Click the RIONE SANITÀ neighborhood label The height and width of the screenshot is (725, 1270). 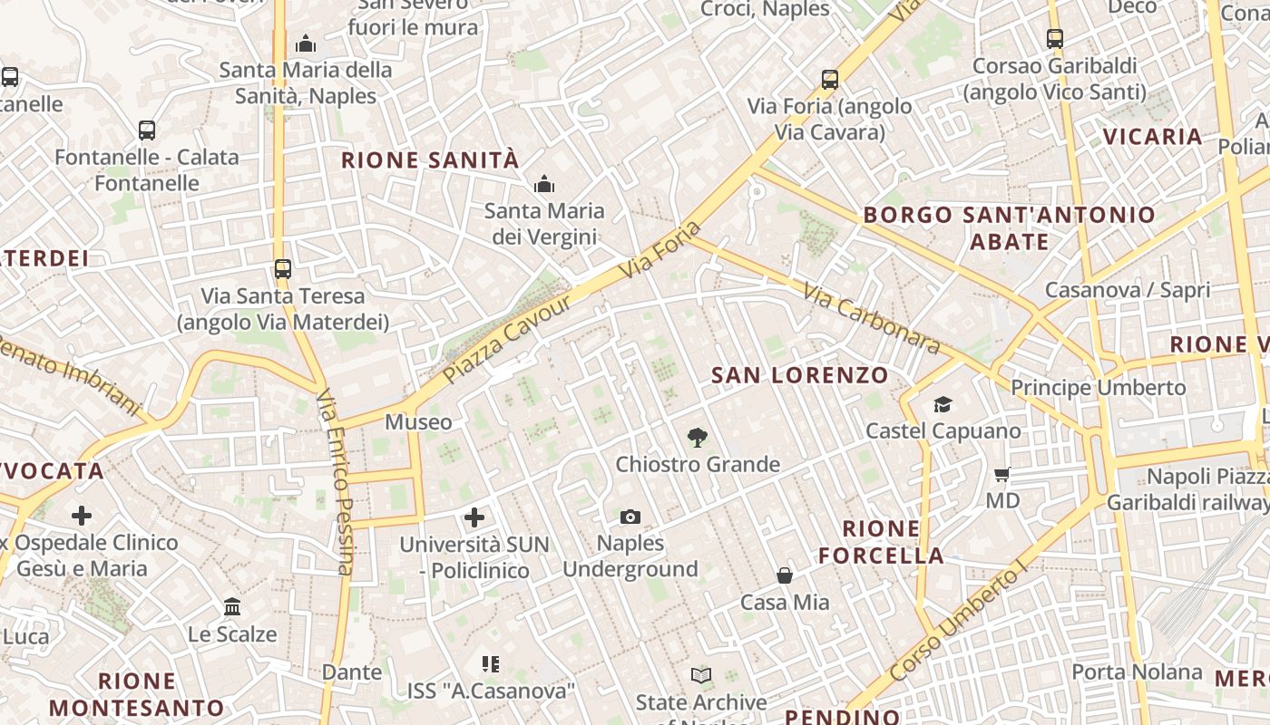click(430, 160)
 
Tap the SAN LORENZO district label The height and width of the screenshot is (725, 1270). click(799, 375)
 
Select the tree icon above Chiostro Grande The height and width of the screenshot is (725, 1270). click(697, 438)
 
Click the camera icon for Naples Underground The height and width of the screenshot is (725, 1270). click(630, 517)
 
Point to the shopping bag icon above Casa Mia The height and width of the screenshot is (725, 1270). click(785, 575)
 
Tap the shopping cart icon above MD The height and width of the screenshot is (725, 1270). click(1002, 474)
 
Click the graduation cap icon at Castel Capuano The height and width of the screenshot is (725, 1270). click(943, 404)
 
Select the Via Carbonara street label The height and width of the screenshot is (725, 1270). click(872, 317)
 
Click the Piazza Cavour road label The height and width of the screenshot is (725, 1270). click(508, 337)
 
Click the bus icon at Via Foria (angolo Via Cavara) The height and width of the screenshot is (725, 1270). click(829, 80)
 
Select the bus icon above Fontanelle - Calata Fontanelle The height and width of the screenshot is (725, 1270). click(147, 130)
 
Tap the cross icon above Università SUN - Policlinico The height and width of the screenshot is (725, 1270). click(474, 517)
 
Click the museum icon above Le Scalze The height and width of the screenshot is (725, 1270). click(232, 607)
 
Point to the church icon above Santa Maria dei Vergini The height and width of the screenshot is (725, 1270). click(544, 185)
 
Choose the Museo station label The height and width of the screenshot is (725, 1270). click(418, 422)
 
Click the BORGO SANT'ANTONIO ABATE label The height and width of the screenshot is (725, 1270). click(1009, 228)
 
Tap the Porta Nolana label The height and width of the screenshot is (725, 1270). click(1137, 672)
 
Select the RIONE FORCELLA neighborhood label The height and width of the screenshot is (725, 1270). click(881, 542)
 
